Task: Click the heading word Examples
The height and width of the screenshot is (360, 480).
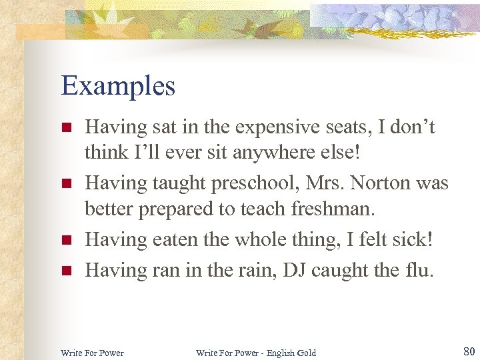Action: pyautogui.click(x=118, y=86)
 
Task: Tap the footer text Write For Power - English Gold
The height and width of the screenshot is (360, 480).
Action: pyautogui.click(x=256, y=352)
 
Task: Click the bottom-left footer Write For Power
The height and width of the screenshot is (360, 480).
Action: pyautogui.click(x=92, y=352)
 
